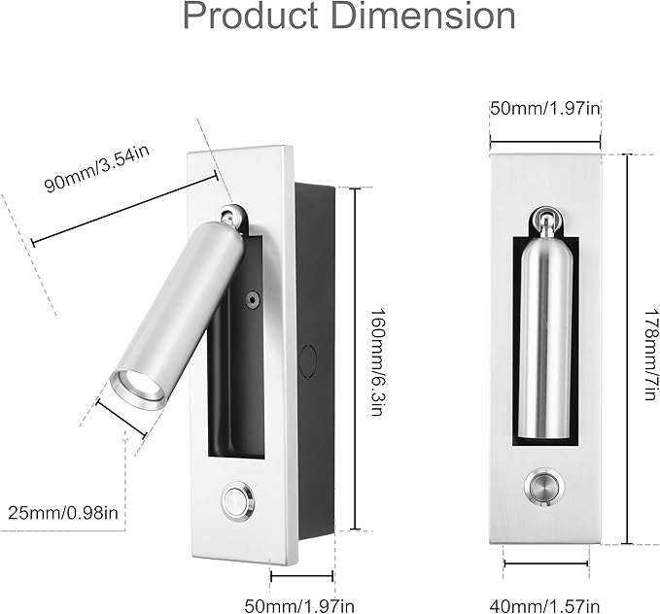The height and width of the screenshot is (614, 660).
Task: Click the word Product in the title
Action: (x=251, y=16)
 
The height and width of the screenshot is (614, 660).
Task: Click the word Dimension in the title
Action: (x=424, y=16)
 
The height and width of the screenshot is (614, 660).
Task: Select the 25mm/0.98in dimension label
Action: (x=63, y=513)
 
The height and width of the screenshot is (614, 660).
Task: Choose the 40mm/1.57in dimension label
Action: (x=544, y=606)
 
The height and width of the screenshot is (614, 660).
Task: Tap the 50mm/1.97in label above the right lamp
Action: (x=545, y=109)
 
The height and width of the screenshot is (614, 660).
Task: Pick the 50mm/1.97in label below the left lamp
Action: (x=299, y=606)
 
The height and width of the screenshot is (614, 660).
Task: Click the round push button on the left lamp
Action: (x=238, y=501)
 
